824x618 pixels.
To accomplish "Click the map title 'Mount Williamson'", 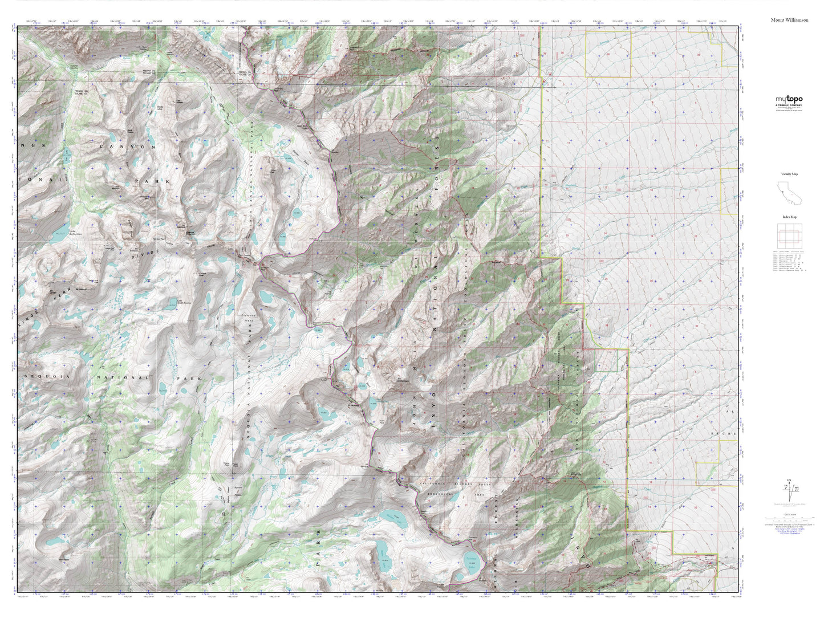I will [x=789, y=20].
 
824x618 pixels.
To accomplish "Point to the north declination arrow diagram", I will [x=789, y=491].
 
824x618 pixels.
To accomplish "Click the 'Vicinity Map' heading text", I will [x=789, y=174].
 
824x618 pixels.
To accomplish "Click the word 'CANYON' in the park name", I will [x=128, y=147].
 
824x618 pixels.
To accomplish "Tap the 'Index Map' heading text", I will [x=789, y=217].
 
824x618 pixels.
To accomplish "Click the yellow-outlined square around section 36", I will [x=608, y=54].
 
